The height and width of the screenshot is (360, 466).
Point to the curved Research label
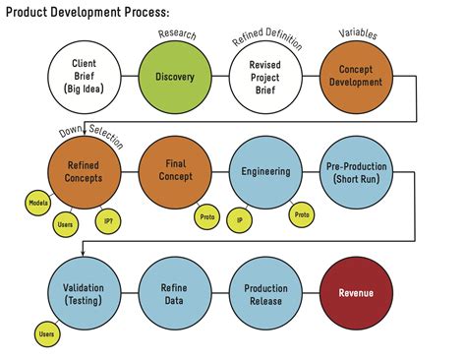point(177,33)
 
